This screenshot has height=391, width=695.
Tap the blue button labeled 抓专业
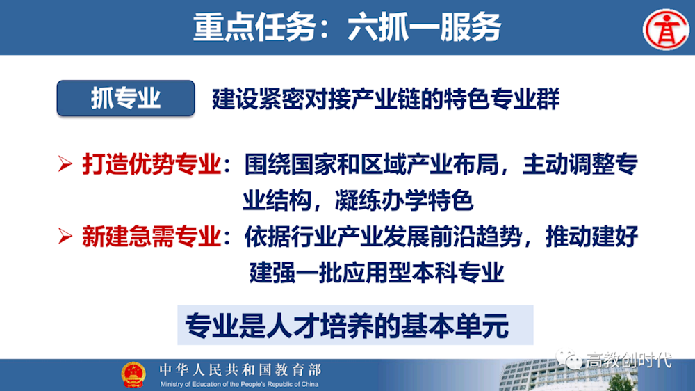pyautogui.click(x=125, y=98)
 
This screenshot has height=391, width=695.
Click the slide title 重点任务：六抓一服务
pyautogui.click(x=347, y=27)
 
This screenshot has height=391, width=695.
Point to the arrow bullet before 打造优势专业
pyautogui.click(x=65, y=166)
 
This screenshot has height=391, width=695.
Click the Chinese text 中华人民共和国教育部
pyautogui.click(x=240, y=369)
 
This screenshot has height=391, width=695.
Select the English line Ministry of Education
pyautogui.click(x=240, y=384)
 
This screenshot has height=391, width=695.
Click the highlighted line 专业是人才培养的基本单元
pyautogui.click(x=347, y=325)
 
